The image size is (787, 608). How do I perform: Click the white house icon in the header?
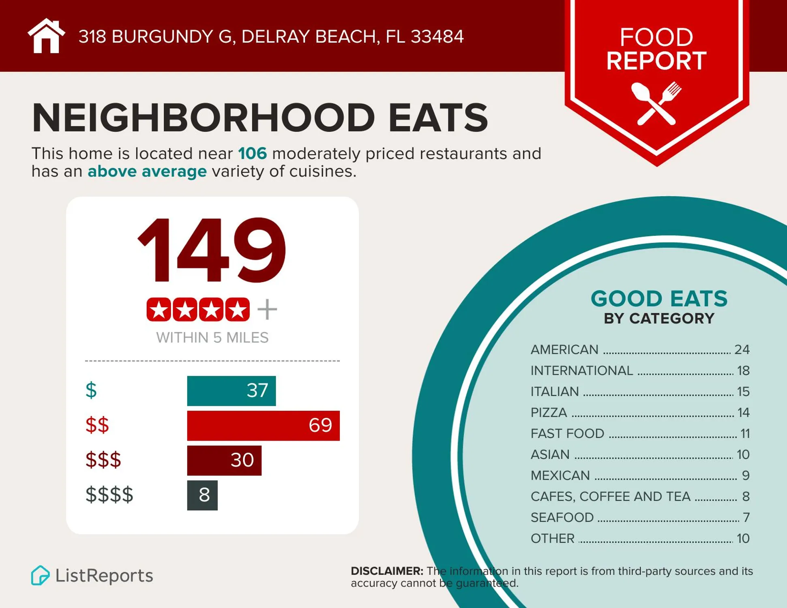point(46,36)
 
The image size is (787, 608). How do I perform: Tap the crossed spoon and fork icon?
point(656,103)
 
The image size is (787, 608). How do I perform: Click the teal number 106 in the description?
point(252,154)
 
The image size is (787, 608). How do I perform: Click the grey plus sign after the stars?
point(267,310)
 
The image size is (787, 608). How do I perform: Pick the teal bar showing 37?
point(231,391)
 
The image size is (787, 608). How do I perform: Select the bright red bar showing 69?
point(263,426)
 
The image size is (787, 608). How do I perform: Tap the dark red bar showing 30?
point(224,460)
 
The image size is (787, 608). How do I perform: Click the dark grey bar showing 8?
point(202,495)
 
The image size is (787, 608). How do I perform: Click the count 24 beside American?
point(742,349)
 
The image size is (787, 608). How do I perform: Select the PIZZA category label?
point(549,413)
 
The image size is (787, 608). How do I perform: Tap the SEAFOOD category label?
point(562,518)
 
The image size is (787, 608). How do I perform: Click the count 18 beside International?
point(743,370)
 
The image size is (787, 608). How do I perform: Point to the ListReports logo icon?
point(40,575)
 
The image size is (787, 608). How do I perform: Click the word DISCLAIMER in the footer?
point(386,571)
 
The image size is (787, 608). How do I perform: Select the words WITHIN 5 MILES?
point(212,338)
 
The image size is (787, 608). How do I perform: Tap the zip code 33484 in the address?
point(437,36)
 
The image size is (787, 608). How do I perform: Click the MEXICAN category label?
point(560,475)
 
